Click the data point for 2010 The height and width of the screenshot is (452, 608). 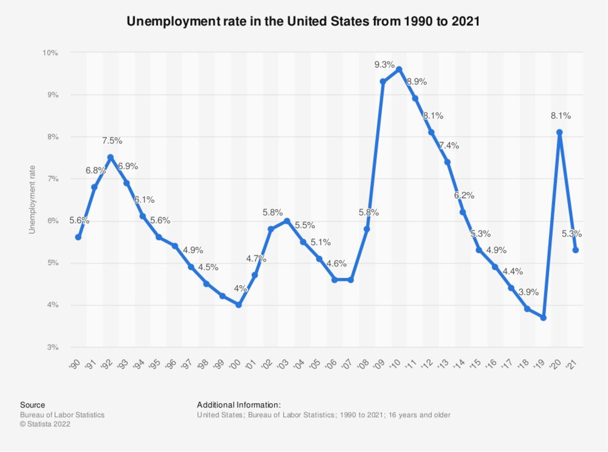[399, 69]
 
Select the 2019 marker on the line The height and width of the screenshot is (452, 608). [543, 318]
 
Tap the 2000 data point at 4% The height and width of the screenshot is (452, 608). [239, 305]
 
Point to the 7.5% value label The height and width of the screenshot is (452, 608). [112, 141]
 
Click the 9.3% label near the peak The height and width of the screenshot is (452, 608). [384, 65]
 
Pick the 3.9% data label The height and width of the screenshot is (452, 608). [528, 292]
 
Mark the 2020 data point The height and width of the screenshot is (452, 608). [559, 132]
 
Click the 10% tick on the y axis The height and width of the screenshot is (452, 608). [50, 53]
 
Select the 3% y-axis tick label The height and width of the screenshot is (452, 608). [53, 347]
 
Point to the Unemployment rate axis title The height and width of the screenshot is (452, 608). [32, 200]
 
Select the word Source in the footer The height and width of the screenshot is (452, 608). [32, 405]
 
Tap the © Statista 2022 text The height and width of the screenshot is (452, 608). [45, 424]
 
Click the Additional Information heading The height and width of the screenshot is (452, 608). [239, 405]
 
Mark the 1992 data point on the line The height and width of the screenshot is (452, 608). [110, 157]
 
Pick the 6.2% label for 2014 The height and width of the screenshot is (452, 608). [464, 195]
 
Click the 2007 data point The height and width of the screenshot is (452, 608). [351, 280]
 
